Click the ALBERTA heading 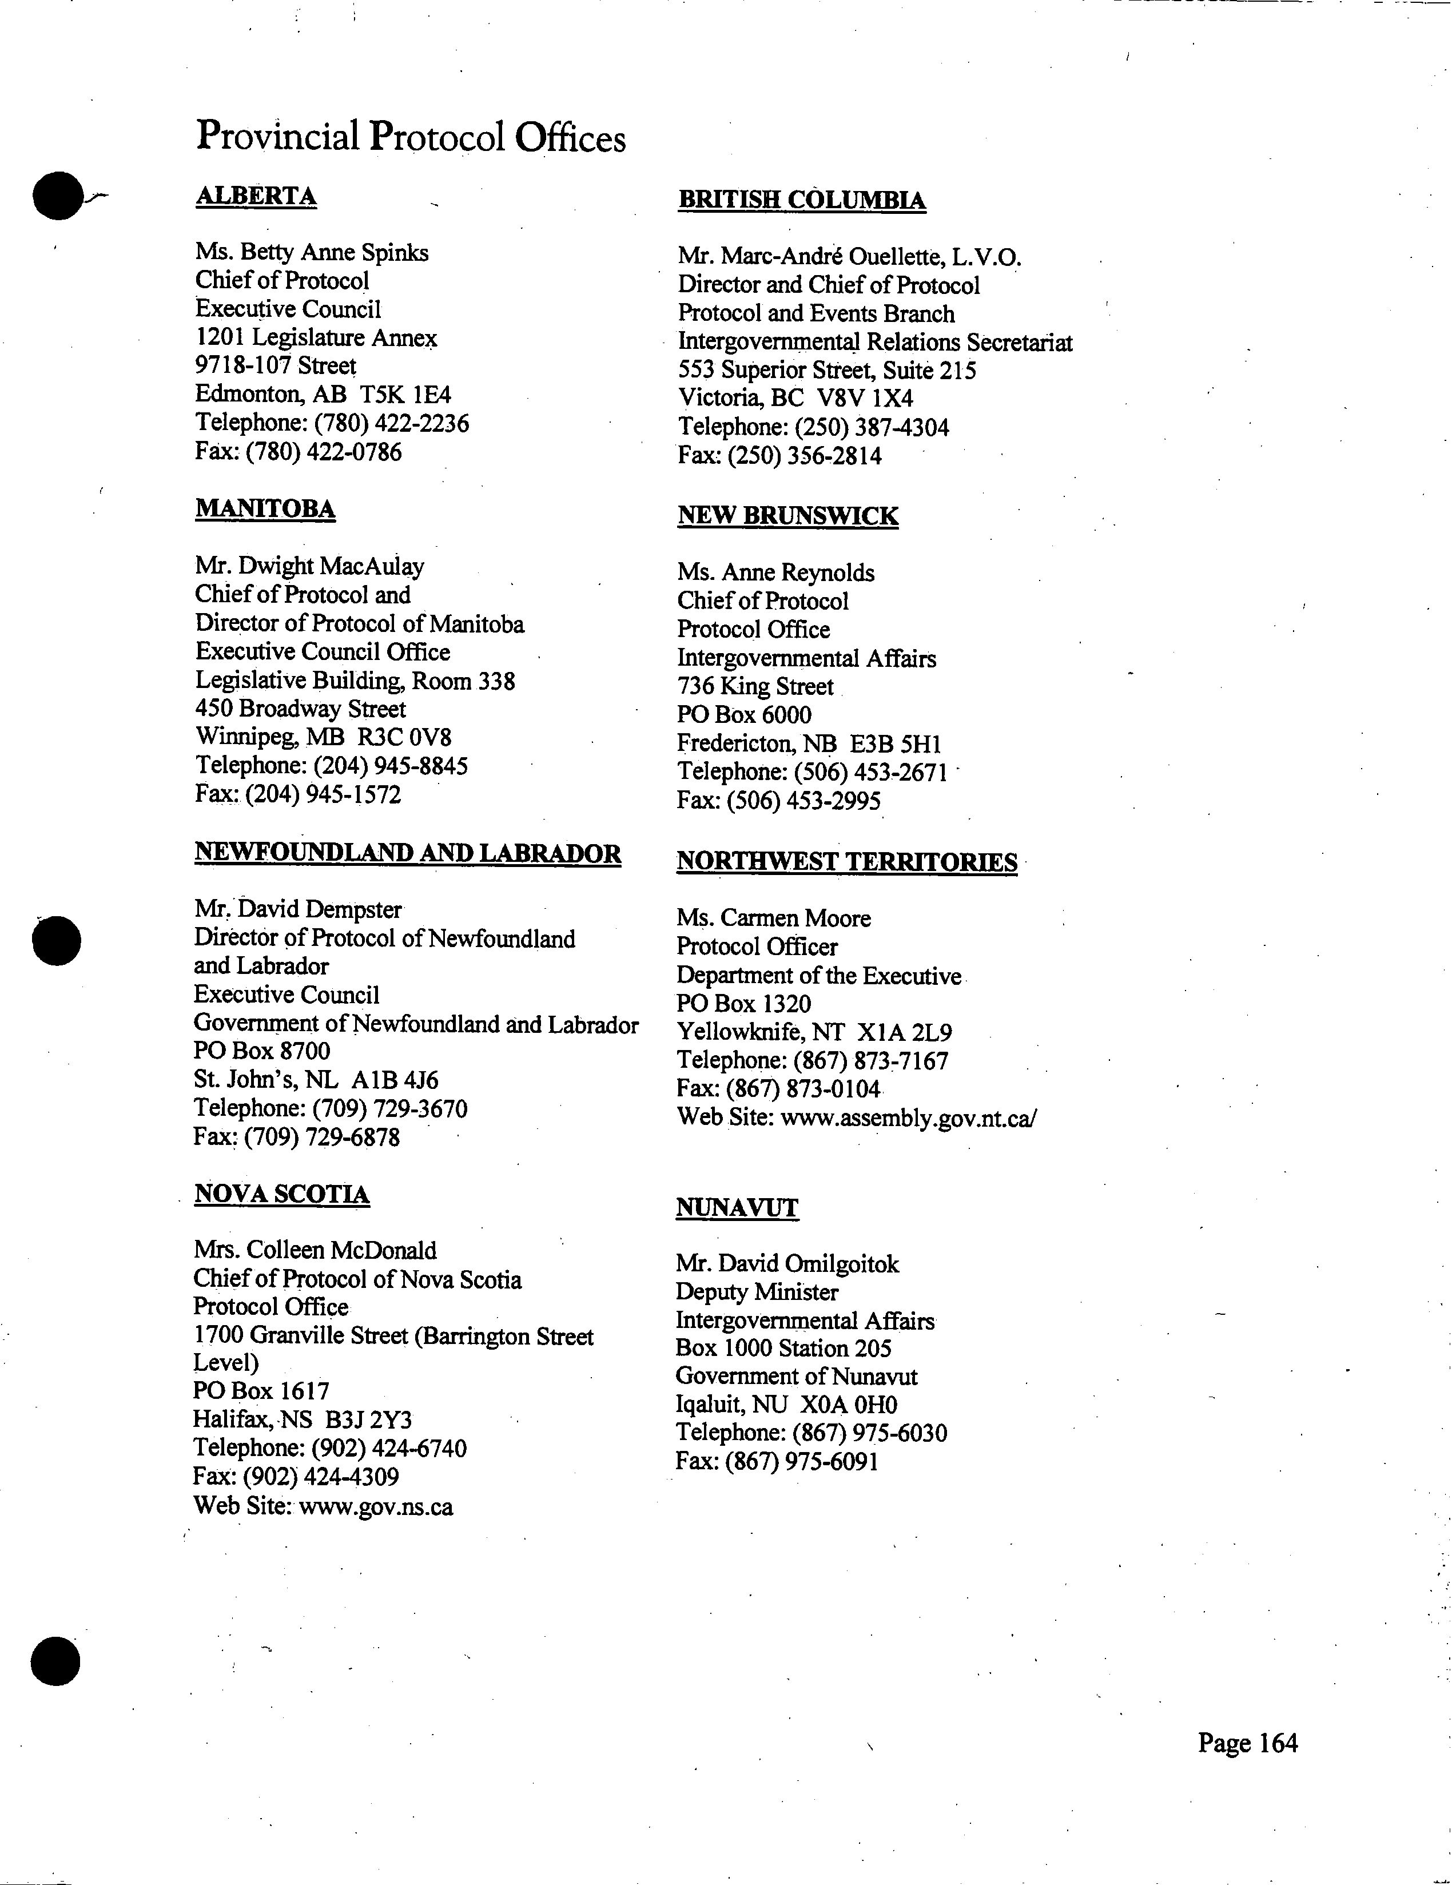pos(256,197)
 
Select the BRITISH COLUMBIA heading pos(802,200)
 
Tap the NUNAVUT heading pos(737,1207)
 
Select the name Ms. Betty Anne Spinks pos(312,252)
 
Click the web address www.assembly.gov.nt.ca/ pos(908,1118)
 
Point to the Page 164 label pos(1247,1743)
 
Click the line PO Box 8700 pos(261,1051)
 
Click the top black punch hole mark pos(58,196)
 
